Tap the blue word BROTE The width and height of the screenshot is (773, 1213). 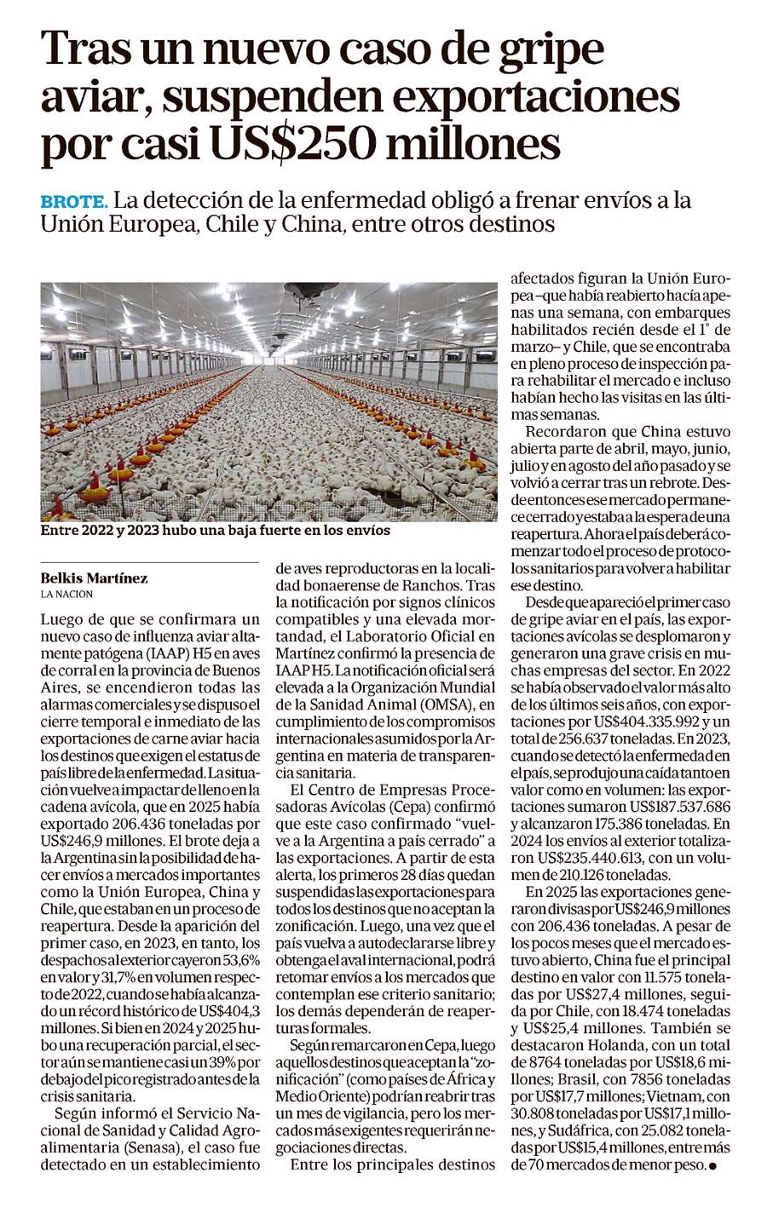pyautogui.click(x=73, y=203)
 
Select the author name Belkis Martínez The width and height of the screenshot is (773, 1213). pyautogui.click(x=94, y=578)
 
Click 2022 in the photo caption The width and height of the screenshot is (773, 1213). pyautogui.click(x=92, y=530)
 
